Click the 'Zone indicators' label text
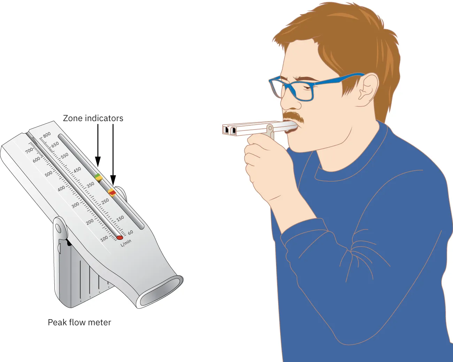(x=93, y=118)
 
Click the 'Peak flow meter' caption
(x=79, y=322)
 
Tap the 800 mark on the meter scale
(x=47, y=135)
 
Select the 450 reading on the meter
(x=77, y=170)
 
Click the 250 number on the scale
(x=105, y=202)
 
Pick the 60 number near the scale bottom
(x=130, y=233)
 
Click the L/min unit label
(x=126, y=243)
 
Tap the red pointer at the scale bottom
(x=120, y=238)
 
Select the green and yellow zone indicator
(x=99, y=177)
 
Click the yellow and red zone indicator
(x=112, y=192)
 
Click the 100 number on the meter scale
(x=104, y=239)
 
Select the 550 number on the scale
(x=64, y=156)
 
